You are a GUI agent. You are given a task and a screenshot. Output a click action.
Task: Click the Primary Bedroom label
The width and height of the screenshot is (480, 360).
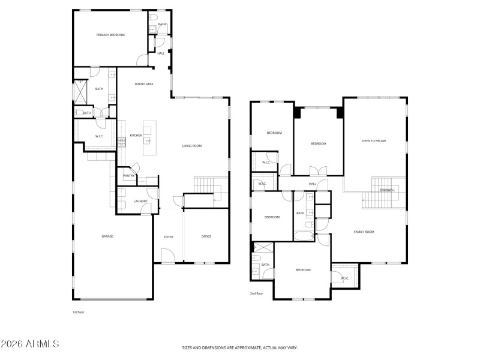(110, 35)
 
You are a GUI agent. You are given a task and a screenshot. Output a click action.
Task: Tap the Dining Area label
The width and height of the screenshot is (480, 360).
(144, 84)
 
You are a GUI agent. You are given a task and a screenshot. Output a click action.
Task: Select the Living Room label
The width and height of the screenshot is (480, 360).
(192, 146)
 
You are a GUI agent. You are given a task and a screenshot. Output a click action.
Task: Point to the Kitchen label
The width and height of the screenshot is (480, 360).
(136, 136)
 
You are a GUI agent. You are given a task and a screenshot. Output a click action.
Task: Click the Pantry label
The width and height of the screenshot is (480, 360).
(128, 176)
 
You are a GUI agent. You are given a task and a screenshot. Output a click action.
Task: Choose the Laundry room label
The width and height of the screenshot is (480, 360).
(140, 201)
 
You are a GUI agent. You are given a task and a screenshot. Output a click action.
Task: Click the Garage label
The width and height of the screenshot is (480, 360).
(107, 236)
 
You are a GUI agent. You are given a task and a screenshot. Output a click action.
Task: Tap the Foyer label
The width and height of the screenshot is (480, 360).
(169, 237)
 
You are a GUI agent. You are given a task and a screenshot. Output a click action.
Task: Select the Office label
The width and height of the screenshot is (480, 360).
(206, 236)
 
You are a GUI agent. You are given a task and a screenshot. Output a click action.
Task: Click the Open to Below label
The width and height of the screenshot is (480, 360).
(374, 141)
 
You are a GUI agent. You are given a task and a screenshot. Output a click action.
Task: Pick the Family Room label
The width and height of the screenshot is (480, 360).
(364, 232)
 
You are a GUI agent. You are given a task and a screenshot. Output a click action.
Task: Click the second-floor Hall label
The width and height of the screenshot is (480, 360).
(312, 184)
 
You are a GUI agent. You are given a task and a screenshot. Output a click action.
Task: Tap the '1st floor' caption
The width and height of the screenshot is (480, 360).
(79, 312)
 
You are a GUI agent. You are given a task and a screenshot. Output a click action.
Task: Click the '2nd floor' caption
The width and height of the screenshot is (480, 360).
(257, 293)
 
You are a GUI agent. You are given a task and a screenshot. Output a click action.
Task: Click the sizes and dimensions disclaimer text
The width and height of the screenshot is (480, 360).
(240, 347)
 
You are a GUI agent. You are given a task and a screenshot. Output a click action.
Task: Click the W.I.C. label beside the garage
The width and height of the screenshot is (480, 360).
(99, 136)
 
